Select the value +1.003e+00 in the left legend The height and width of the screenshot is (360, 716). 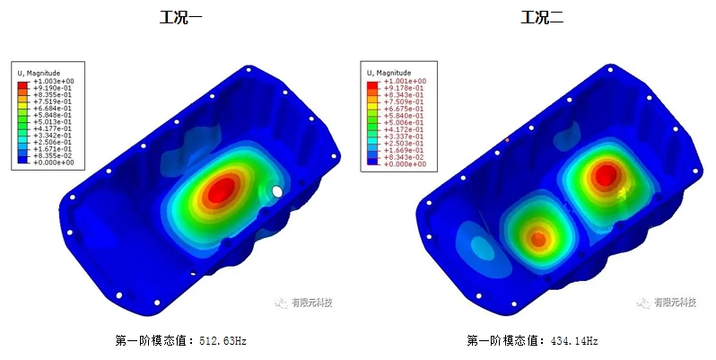coord(53,81)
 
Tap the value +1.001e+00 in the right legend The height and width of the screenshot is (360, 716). coord(405,81)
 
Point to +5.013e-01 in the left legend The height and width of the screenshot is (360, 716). coord(53,121)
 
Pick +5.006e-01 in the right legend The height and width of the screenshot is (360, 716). coord(405,121)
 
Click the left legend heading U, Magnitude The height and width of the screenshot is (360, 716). coord(46,72)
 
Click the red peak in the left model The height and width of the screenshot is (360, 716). coord(222,188)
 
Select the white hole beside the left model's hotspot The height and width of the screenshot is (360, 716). coord(277,191)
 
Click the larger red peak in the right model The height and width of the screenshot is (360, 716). coord(606,173)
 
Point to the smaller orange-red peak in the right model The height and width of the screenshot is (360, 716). coord(537,239)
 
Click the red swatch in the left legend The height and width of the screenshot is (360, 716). coord(23,82)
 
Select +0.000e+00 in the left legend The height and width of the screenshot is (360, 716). coord(53,162)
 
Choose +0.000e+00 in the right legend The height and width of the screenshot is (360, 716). coord(405,164)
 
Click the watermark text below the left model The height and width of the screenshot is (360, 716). coord(310,303)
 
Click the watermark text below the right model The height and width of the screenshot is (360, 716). coord(673,303)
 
